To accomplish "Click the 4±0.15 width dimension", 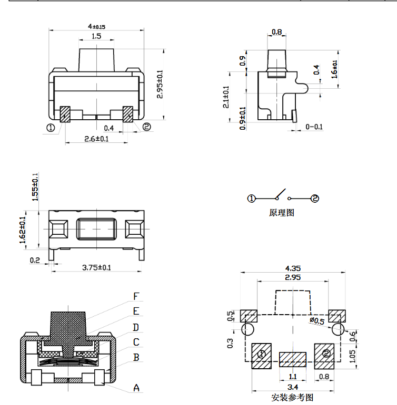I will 96,26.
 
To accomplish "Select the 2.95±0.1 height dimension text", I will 161,84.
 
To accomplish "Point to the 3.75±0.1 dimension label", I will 96,267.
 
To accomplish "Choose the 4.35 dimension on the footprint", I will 293,268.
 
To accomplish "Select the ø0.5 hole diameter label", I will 316,320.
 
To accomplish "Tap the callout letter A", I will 136,388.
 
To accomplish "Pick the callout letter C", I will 136,342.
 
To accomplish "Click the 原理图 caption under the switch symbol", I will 282,213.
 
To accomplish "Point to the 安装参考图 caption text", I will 292,398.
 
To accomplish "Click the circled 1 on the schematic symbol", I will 252,199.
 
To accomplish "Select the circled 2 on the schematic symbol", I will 315,199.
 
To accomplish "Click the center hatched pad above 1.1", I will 292,359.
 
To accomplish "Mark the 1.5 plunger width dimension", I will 96,37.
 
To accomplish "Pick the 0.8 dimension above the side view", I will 277,32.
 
